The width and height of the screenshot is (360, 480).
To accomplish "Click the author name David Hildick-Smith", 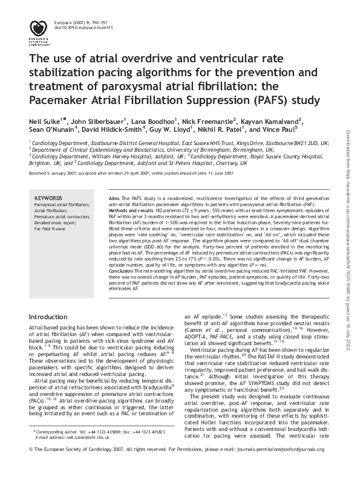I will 113,129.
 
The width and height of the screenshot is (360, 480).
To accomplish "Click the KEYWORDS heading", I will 48,198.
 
